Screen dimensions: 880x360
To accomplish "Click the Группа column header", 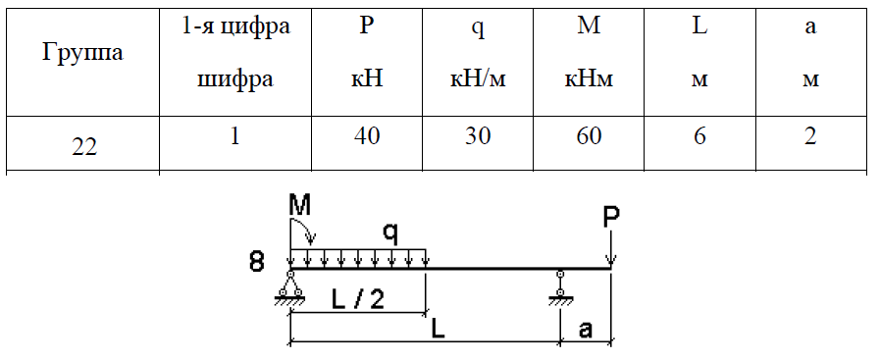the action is pos(82,53).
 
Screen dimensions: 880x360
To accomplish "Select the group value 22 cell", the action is pos(84,147).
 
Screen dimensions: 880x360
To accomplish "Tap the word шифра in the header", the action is pos(235,79).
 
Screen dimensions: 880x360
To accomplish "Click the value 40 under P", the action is pos(367,136).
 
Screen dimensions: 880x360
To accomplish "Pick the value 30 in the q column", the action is pos(478,136).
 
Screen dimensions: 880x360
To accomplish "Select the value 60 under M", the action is pos(589,136).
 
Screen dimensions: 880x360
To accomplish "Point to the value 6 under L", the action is pos(699,136).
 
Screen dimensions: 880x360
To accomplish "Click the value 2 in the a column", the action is pos(810,136).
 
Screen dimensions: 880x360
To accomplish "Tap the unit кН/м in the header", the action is pos(478,79).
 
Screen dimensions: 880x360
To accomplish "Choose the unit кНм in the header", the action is pos(589,79).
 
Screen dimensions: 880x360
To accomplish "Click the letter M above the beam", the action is pos(300,206).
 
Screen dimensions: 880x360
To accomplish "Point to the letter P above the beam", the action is pos(611,218).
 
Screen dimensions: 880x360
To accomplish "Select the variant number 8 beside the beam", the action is pos(256,263).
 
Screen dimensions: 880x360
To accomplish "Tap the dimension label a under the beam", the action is pos(586,331).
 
